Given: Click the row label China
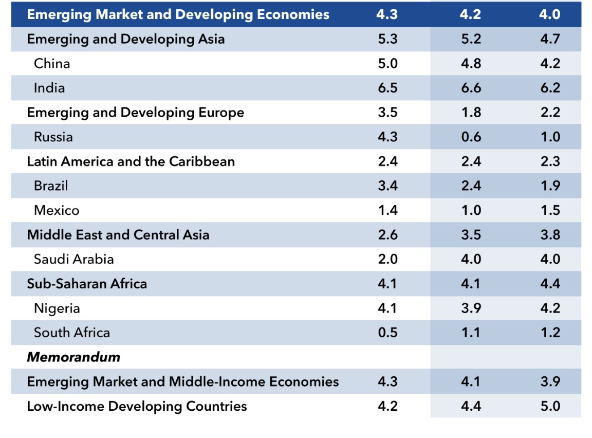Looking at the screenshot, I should coord(52,63).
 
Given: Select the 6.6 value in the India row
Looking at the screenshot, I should coord(470,88).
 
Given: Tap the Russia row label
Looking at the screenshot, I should coord(53,137).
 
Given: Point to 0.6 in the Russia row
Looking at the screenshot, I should coord(470,137).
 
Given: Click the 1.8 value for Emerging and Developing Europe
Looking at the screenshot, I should coord(470,113).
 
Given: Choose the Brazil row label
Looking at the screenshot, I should coord(51,186).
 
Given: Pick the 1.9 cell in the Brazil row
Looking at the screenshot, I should coord(550,186).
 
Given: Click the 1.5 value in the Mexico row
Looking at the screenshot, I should coord(550,210).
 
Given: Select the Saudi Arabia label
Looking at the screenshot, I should coord(74,259).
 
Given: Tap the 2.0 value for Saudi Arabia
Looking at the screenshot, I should coord(387,259).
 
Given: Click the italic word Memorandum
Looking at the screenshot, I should coord(73,357).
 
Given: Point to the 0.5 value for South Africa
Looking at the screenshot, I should coord(387,333).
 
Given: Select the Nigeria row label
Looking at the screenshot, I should coord(57,308).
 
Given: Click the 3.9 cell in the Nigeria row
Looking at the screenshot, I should coord(470,308).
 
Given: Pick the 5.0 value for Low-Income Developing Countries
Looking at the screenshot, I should coord(550,406).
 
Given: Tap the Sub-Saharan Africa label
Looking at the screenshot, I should coord(87,284).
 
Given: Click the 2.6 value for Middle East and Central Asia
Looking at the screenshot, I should coord(387,235).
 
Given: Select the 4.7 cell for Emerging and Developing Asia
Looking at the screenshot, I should coord(550,39).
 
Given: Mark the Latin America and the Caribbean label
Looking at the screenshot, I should coord(131,161).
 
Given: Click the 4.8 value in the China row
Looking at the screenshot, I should coord(470,63).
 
